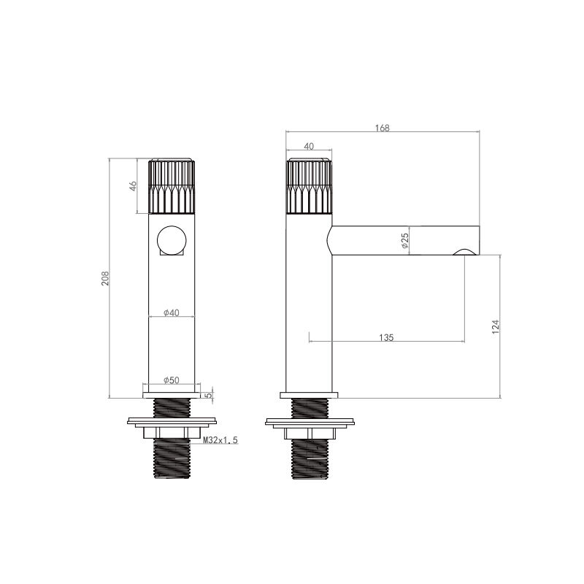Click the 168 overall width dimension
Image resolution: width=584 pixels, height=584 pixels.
tap(382, 128)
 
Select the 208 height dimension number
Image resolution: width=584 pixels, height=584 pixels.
tap(105, 278)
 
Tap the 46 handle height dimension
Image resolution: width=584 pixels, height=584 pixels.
tap(133, 186)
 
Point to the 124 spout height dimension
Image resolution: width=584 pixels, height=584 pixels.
tap(496, 326)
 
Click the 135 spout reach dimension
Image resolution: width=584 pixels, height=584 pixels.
tap(386, 337)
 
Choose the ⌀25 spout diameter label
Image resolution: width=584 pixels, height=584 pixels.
tap(405, 241)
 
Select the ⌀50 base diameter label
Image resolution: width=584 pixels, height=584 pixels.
tap(172, 380)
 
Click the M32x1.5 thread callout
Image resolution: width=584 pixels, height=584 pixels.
tap(220, 440)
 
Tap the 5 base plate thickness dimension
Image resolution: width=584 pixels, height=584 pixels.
tap(209, 395)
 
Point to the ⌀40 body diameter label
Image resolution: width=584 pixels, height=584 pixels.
tap(172, 312)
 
